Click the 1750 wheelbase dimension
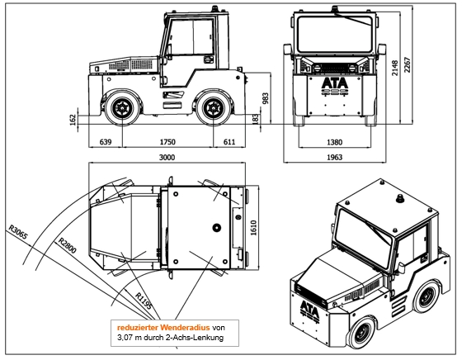point(167,142)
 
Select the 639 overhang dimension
point(106,142)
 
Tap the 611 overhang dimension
point(229,142)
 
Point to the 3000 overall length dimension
point(167,158)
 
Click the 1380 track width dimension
point(335,142)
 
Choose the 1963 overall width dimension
point(335,157)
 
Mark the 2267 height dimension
point(408,64)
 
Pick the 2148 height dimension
point(395,68)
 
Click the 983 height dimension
point(265,99)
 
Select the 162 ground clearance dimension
point(73,120)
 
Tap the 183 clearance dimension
point(256,119)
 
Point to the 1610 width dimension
point(253,228)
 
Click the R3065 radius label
point(18,232)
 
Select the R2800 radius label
point(67,245)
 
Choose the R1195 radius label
point(144,301)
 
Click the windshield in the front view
point(334,35)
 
